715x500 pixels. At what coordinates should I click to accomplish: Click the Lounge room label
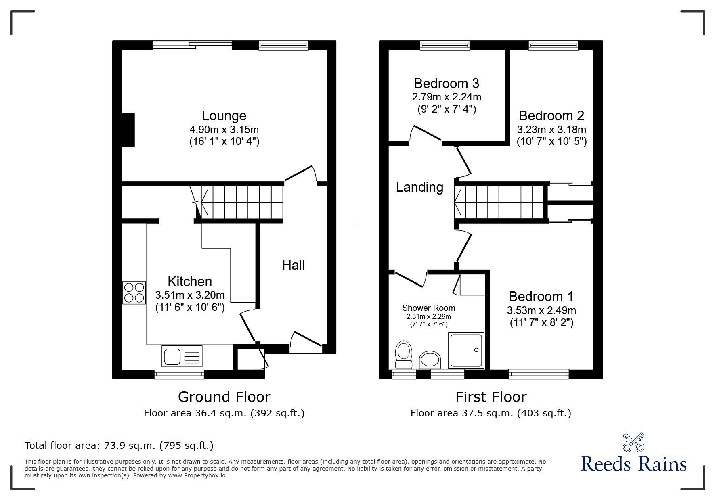point(224,116)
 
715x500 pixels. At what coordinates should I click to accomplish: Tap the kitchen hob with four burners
point(134,293)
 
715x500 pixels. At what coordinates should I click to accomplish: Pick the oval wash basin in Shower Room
point(430,359)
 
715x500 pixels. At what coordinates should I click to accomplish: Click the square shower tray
point(466,350)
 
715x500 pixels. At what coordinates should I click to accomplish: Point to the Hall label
point(293,265)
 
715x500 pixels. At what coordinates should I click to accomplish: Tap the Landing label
point(419,187)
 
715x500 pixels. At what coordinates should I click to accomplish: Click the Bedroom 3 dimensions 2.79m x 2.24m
point(447,97)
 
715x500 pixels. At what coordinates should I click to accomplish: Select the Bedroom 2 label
point(551,116)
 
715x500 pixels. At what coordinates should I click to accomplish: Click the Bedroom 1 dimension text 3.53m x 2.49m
point(541,310)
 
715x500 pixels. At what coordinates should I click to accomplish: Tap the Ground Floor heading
point(224,397)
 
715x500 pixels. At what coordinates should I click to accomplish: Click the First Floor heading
point(491,397)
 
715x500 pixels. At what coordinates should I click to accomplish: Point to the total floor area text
point(119,446)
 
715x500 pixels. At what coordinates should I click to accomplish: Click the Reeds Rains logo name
point(633,464)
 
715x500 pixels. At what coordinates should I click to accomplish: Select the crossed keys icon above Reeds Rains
point(633,442)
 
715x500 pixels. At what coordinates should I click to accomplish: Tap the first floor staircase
point(501,202)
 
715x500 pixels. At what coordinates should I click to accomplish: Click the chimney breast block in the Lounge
point(128,130)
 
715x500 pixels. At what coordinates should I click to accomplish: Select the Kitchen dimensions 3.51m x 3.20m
point(190,295)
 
